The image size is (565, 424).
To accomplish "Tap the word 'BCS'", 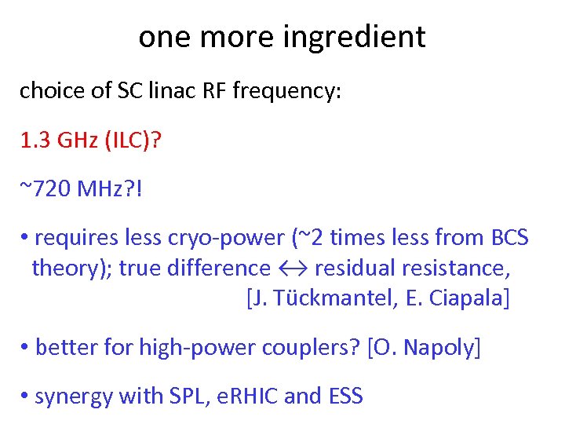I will tap(509, 237).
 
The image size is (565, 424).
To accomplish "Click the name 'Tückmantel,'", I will tap(337, 299).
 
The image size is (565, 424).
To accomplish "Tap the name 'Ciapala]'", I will tap(473, 299).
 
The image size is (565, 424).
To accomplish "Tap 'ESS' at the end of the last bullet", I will tap(344, 396).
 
